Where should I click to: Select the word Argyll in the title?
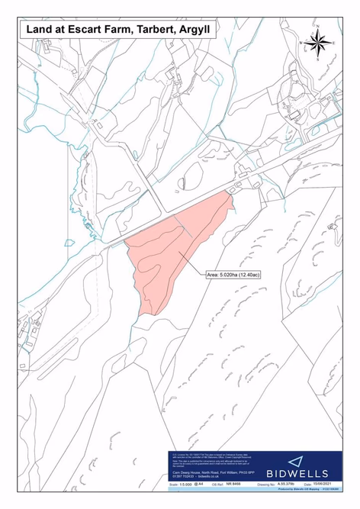[x=196, y=29]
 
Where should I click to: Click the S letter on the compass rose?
[x=319, y=60]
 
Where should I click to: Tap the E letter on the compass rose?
[x=333, y=46]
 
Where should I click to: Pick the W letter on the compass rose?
[x=304, y=46]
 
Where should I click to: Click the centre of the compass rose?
[x=319, y=46]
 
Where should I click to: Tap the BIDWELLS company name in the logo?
[x=305, y=472]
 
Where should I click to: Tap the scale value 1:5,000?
[x=182, y=484]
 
